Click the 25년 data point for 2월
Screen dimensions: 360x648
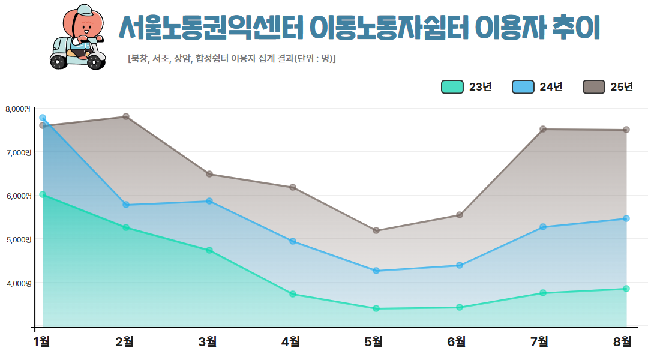tap(126, 116)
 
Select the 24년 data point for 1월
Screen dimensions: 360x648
tap(43, 118)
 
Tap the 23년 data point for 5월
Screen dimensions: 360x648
tap(376, 308)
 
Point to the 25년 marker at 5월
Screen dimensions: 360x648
tap(376, 230)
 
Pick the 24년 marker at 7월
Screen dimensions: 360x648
tap(543, 227)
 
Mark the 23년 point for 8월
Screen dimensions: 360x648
tap(626, 289)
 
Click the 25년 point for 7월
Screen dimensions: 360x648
tap(543, 129)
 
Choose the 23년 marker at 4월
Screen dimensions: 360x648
tap(293, 294)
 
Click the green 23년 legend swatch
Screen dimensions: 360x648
tap(452, 87)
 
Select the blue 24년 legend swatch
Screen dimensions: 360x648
tap(523, 87)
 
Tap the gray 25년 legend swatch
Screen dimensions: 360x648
tap(594, 87)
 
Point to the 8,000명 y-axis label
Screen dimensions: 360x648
tap(17, 109)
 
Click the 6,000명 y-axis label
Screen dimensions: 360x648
tap(17, 196)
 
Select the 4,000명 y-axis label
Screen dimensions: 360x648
tap(17, 283)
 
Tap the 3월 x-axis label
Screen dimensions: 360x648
tap(208, 342)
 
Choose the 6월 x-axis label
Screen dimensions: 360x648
tap(457, 342)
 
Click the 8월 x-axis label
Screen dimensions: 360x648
tap(623, 342)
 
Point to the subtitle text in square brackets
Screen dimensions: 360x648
tap(232, 59)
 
